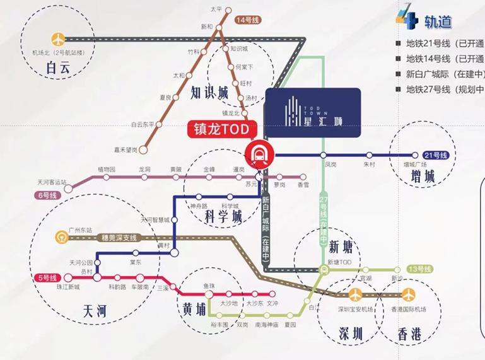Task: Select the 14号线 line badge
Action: pyautogui.click(x=248, y=20)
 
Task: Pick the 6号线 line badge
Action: pyautogui.click(x=45, y=196)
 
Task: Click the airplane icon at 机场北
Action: pyautogui.click(x=59, y=38)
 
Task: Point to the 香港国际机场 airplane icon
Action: pyautogui.click(x=410, y=294)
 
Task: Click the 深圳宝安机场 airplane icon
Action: pyautogui.click(x=355, y=294)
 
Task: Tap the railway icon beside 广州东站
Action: pyautogui.click(x=61, y=237)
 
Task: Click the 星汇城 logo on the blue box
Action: pyautogui.click(x=312, y=112)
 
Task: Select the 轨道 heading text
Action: pyautogui.click(x=438, y=23)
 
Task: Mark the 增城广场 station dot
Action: pyautogui.click(x=415, y=154)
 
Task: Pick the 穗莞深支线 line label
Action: pyautogui.click(x=119, y=238)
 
